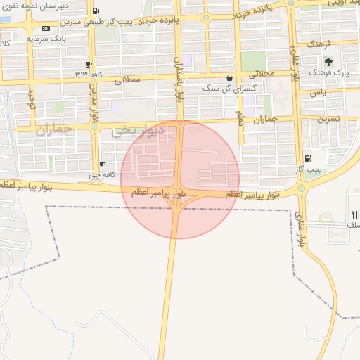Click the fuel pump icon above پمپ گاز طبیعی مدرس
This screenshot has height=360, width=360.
tap(96, 11)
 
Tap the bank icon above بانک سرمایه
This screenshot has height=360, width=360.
tap(46, 28)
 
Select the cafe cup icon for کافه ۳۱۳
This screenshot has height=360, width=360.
tap(89, 64)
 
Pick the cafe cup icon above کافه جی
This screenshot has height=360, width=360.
tap(103, 165)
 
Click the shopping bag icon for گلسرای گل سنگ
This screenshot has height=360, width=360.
tap(229, 78)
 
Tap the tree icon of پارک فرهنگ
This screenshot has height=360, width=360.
tap(328, 63)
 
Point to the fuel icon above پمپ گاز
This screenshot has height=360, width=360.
tap(308, 158)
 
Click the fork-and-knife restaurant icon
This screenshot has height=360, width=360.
tap(354, 214)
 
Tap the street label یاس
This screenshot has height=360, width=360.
tap(319, 92)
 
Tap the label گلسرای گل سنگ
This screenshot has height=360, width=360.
tap(221, 88)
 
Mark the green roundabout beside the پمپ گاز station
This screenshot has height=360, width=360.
tap(302, 188)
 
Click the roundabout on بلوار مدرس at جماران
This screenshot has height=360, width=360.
tap(94, 127)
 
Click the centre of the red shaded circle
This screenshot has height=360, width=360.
tap(180, 179)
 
